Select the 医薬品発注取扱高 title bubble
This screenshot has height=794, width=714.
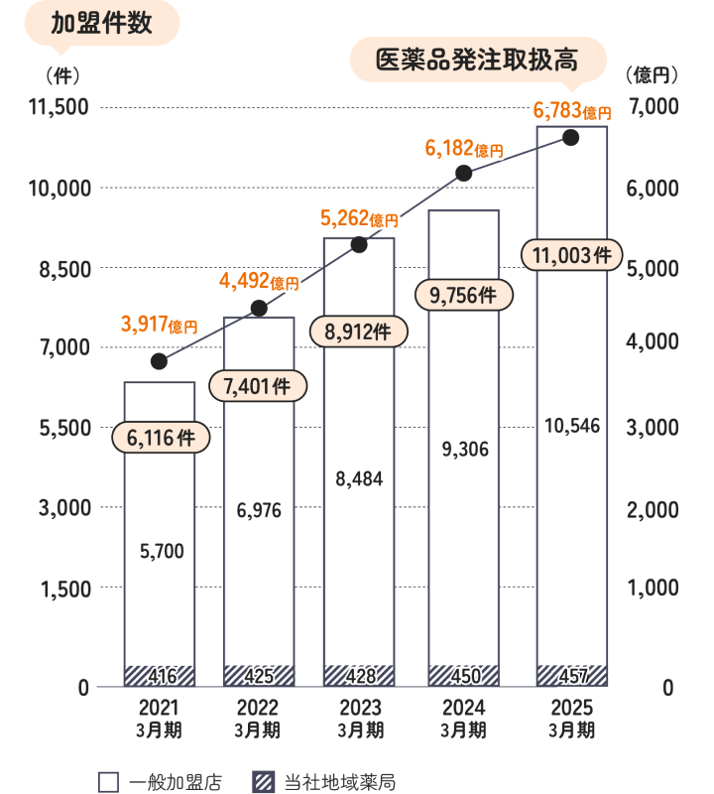477,60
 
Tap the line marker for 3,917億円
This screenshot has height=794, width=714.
159,360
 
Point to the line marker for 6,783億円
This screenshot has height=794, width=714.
570,137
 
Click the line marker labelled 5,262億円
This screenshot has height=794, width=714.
359,244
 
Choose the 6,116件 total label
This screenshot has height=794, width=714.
160,437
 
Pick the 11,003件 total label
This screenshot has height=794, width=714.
571,255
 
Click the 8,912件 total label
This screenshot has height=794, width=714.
358,331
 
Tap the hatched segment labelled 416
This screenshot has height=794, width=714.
160,676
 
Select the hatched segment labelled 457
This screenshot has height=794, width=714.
571,676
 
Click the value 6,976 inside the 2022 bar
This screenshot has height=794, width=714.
259,511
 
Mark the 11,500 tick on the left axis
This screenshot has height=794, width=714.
59,107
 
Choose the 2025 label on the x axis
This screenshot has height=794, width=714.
571,708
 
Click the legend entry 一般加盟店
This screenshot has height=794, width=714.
160,782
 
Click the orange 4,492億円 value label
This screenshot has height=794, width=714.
258,283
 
